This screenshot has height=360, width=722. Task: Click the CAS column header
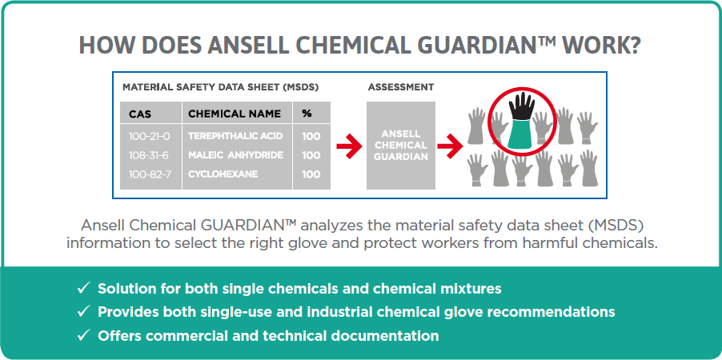click(x=140, y=114)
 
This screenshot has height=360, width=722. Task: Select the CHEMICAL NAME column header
click(x=235, y=114)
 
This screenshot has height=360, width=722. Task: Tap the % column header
click(x=307, y=114)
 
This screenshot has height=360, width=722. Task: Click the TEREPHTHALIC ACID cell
click(x=235, y=136)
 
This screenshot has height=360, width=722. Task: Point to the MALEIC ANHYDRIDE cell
click(x=235, y=155)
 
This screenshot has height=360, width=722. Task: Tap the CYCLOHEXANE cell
click(x=223, y=174)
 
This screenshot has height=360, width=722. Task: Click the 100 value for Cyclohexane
click(x=311, y=174)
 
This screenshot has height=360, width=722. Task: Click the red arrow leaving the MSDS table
click(x=348, y=146)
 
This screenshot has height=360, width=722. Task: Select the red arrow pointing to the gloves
click(x=449, y=146)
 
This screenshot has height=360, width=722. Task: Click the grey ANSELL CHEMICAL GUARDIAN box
click(x=400, y=146)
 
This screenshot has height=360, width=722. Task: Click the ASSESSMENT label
click(x=400, y=87)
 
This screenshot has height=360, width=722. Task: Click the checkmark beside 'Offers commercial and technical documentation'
click(x=83, y=336)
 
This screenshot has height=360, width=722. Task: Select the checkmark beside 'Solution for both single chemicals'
click(x=83, y=289)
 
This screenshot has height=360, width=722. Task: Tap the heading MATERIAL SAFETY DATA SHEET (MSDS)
click(x=221, y=87)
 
